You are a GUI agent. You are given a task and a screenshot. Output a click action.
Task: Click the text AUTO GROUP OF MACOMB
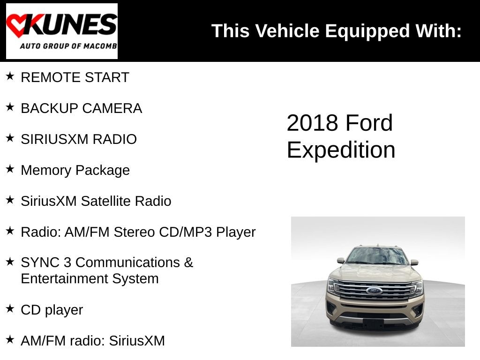click(x=68, y=46)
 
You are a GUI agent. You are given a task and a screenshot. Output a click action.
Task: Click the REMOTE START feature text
click(x=75, y=78)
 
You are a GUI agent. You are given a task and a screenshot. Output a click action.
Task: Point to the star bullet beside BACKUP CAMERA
click(x=10, y=107)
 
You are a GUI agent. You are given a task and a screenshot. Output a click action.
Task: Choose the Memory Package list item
click(x=75, y=170)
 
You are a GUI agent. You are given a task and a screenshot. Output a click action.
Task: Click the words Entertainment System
click(x=90, y=278)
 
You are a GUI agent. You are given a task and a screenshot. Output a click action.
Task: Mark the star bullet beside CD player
click(x=10, y=308)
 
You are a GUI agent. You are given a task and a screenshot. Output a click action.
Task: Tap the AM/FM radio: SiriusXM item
click(x=92, y=340)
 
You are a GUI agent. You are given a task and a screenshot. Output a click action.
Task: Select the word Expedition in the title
click(x=341, y=150)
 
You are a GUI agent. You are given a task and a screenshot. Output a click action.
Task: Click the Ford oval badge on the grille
click(x=374, y=291)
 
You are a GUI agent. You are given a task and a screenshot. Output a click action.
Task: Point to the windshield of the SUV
click(x=377, y=256)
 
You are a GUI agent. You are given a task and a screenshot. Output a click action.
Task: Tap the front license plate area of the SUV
click(x=374, y=323)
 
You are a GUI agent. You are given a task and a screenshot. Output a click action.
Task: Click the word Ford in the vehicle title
click(x=369, y=123)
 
